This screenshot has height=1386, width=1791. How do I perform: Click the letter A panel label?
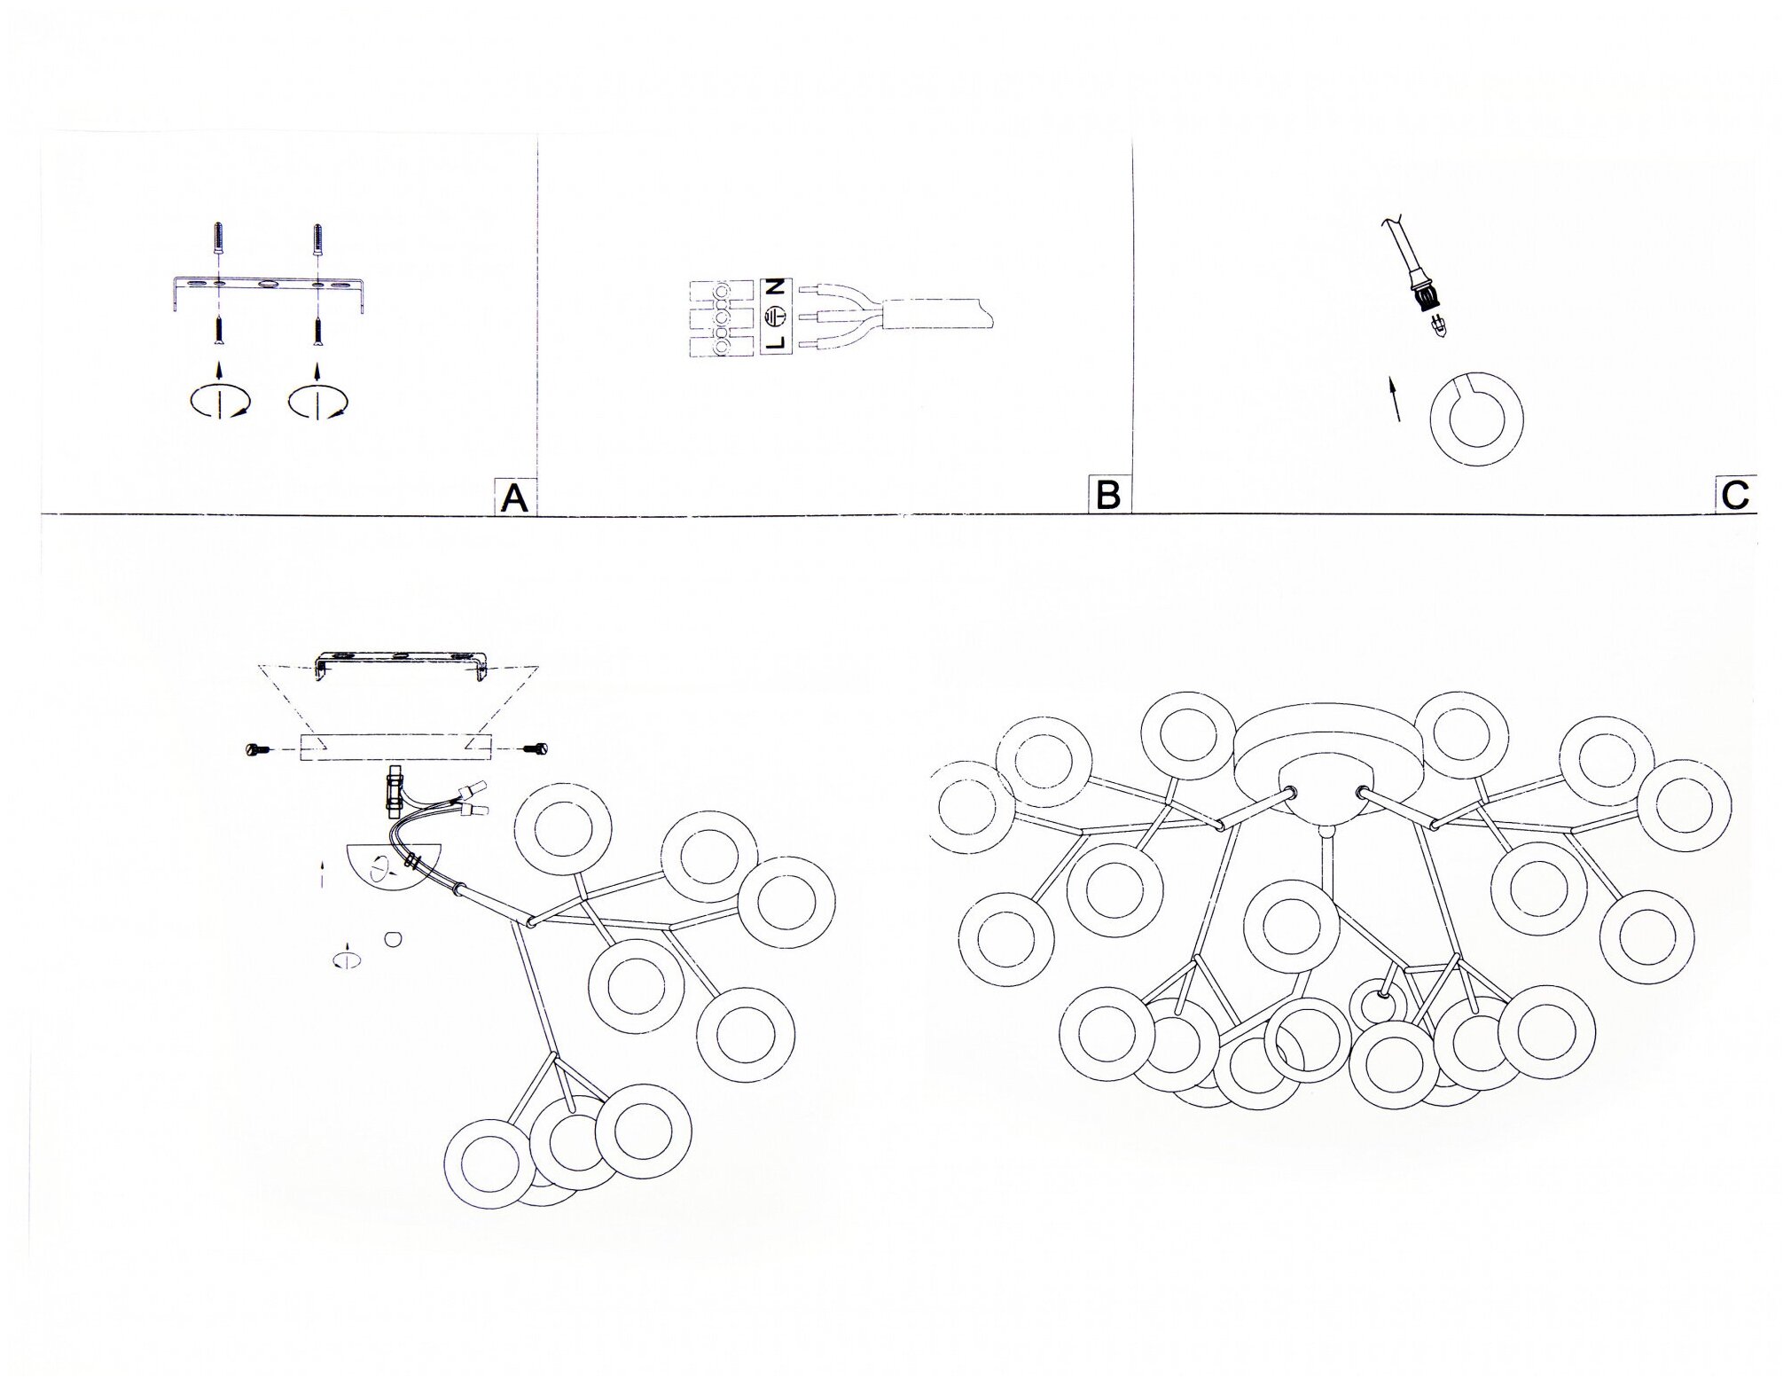click(x=514, y=497)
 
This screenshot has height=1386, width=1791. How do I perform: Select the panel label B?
click(x=1109, y=495)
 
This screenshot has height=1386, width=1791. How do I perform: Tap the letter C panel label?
click(x=1735, y=495)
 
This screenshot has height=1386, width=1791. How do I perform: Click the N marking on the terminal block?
click(x=775, y=287)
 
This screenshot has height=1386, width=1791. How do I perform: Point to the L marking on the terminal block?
click(x=775, y=342)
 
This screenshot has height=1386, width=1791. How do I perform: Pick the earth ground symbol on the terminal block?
click(x=775, y=315)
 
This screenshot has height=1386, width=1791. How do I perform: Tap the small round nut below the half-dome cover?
click(x=394, y=937)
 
